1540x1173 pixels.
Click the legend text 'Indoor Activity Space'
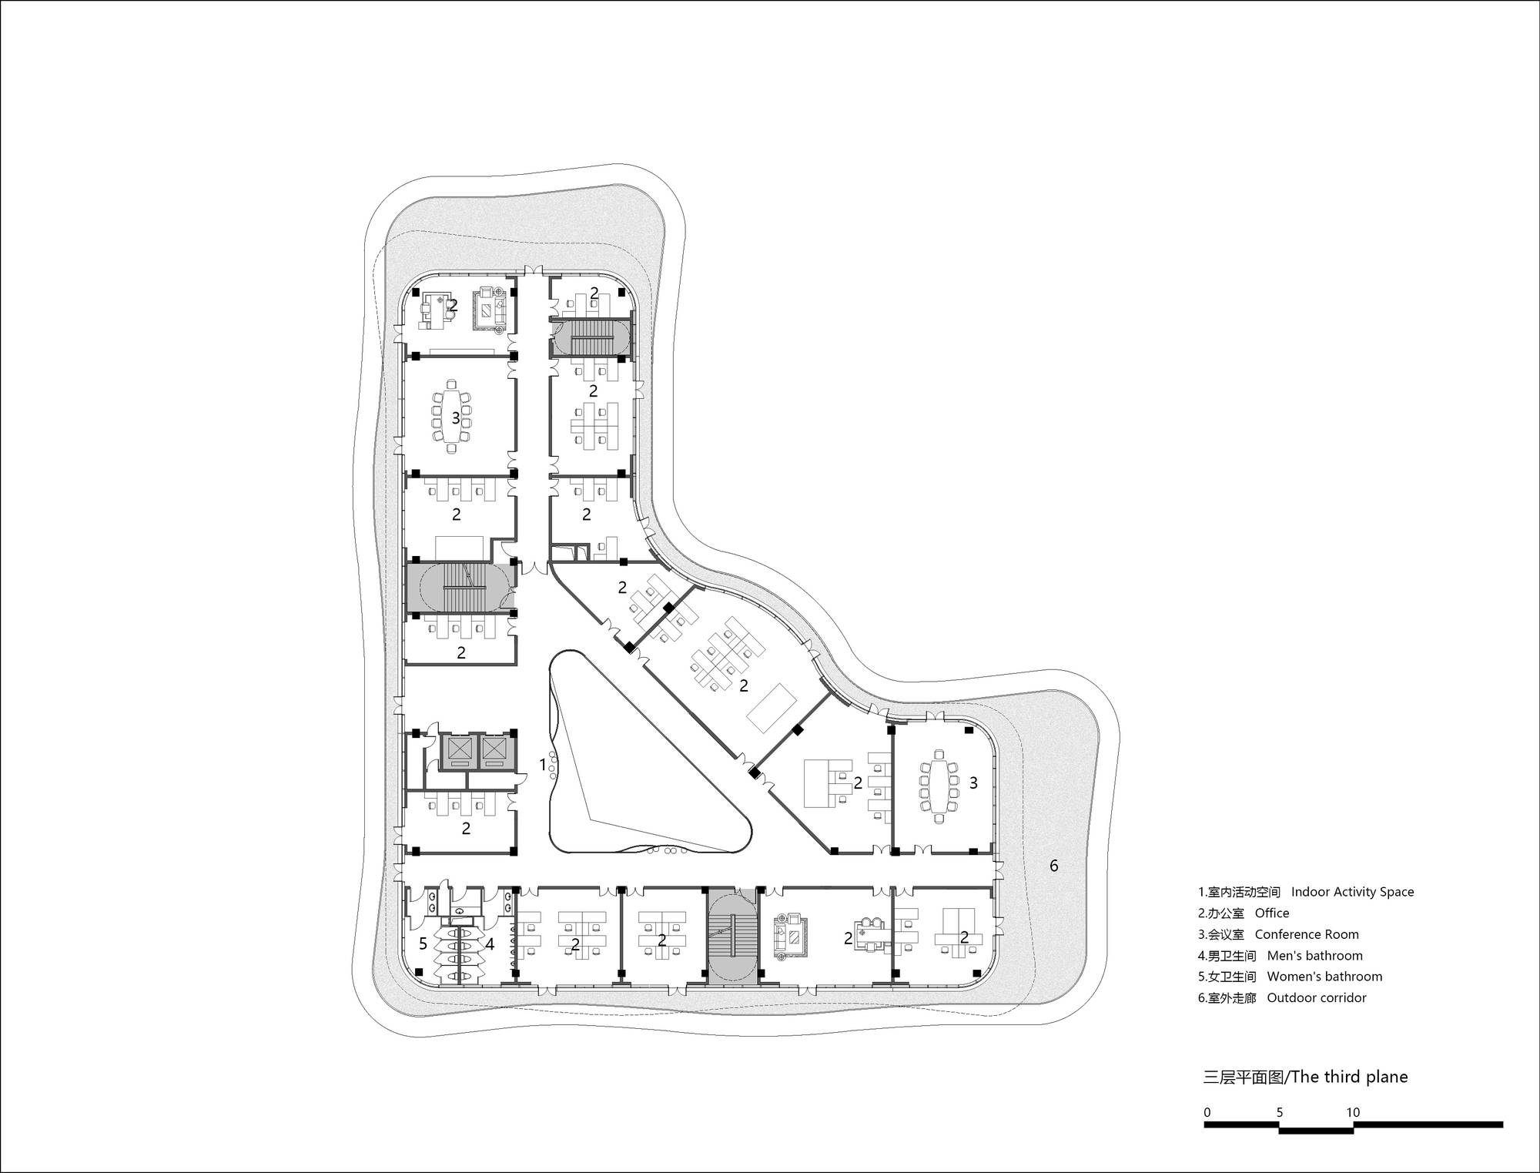(1352, 892)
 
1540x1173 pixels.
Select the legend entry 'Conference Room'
(1307, 934)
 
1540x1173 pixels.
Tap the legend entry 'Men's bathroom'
(1315, 956)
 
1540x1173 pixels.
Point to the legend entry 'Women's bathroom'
(1324, 977)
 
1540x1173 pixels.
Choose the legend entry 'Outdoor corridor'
(1317, 997)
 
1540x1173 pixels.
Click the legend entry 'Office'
(1272, 913)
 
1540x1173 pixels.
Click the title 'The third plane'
(1349, 1077)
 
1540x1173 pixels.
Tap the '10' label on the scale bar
(1353, 1112)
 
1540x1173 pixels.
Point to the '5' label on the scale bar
(1280, 1112)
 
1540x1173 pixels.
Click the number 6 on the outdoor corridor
(1053, 866)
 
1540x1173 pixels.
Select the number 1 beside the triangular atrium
(543, 765)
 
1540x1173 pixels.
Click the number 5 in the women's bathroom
(423, 943)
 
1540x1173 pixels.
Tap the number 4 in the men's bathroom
(489, 943)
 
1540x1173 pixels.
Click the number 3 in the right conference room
(973, 783)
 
